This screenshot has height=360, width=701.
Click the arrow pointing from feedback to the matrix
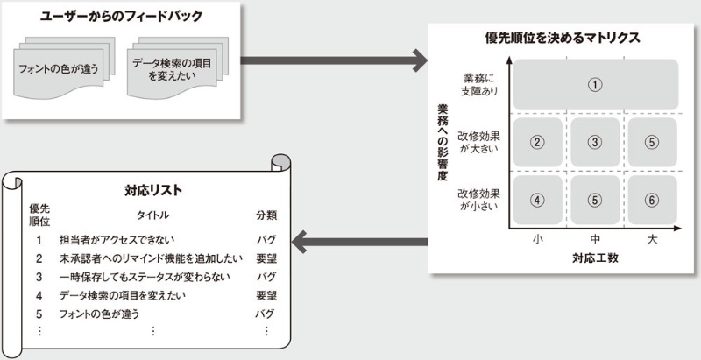click(x=332, y=61)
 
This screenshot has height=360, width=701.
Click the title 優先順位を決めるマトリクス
click(x=563, y=38)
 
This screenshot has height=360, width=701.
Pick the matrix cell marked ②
click(x=538, y=140)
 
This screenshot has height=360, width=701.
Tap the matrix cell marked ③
click(x=594, y=140)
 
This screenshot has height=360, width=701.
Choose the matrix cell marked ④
click(x=538, y=199)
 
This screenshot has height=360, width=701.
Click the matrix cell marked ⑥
click(x=651, y=199)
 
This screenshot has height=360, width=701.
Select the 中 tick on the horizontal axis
click(x=595, y=239)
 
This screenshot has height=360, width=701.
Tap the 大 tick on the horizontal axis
click(x=652, y=239)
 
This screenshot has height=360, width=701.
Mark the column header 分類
click(x=266, y=215)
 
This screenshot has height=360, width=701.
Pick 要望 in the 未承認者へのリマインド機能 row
click(x=266, y=258)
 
